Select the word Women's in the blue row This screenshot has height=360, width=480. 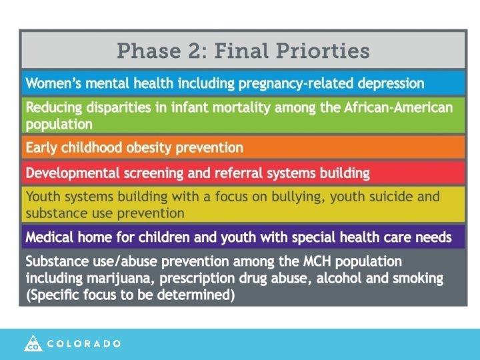point(53,84)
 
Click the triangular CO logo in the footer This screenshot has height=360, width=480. point(33,343)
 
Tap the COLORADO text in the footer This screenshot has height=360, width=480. point(84,344)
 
